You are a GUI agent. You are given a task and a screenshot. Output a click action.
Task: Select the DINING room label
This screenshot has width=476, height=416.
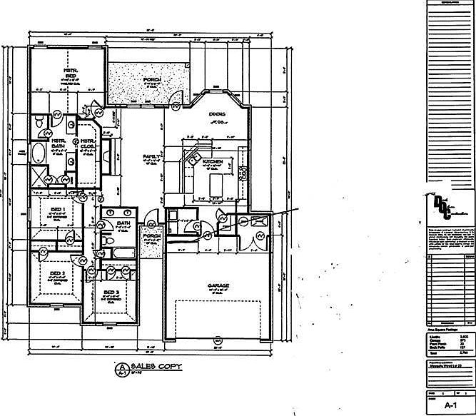coord(217,114)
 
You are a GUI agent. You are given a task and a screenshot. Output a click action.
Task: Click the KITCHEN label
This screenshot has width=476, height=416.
coord(213,163)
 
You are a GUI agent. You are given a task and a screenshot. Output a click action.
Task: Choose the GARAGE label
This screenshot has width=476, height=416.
coord(218,286)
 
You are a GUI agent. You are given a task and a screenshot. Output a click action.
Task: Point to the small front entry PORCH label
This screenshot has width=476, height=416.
coord(151,236)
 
